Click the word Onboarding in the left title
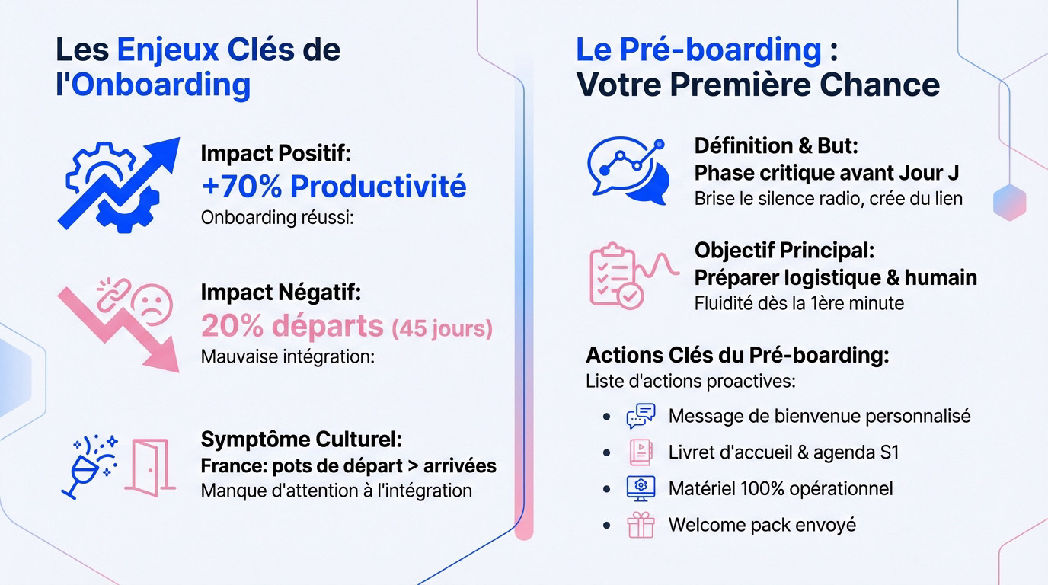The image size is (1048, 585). click(x=161, y=85)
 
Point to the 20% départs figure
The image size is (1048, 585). click(x=292, y=326)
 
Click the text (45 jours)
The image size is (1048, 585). click(x=442, y=328)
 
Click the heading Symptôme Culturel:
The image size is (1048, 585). click(x=301, y=440)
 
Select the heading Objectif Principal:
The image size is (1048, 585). click(x=784, y=250)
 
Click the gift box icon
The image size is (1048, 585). click(x=641, y=525)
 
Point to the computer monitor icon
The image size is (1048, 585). click(x=641, y=488)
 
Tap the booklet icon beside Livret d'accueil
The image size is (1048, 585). click(x=640, y=452)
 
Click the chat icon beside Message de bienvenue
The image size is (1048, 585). click(x=641, y=416)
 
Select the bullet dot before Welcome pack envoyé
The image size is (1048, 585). click(x=606, y=525)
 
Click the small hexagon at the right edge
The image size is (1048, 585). click(x=1010, y=202)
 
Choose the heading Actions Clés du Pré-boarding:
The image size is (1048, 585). click(x=736, y=355)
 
